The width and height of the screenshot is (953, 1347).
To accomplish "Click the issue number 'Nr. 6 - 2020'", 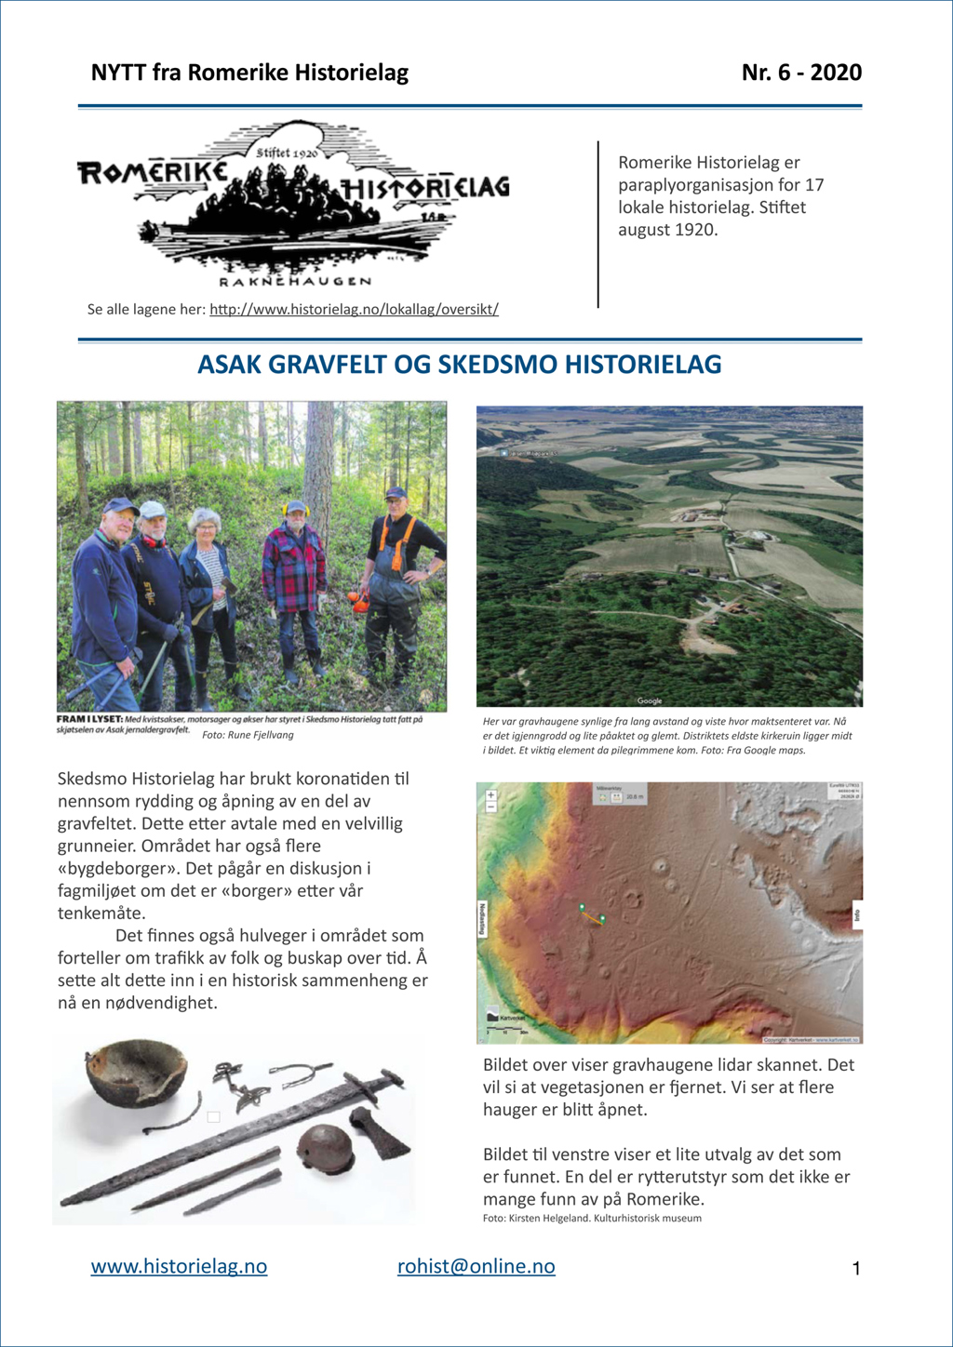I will tap(801, 73).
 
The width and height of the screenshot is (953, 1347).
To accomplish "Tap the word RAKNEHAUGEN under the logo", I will tap(295, 281).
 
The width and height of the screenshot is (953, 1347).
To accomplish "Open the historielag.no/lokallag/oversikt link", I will tap(354, 309).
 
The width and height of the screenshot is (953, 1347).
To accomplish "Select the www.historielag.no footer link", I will tap(179, 1266).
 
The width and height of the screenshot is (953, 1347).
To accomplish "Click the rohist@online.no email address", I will tap(476, 1266).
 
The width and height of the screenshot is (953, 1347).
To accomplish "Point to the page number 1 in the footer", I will tap(856, 1269).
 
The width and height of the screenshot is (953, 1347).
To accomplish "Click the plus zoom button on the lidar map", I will tap(490, 795).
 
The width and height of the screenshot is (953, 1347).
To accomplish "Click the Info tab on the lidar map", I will tap(856, 914).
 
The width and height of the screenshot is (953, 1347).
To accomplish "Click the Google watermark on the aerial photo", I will tap(650, 700).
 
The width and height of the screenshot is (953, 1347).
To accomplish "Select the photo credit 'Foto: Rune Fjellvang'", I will tap(248, 735).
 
